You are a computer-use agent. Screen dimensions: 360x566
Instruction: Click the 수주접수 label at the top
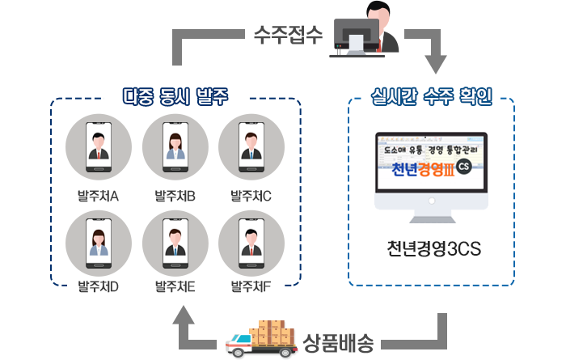[x=288, y=34]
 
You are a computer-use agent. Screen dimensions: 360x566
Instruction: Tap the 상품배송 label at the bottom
[x=339, y=342]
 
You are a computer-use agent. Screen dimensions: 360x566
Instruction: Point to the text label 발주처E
[x=175, y=286]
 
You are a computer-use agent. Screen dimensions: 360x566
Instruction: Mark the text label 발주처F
[x=251, y=286]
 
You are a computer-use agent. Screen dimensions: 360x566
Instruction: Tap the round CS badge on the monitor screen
[x=463, y=167]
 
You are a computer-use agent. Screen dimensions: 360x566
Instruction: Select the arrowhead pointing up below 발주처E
[x=185, y=315]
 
